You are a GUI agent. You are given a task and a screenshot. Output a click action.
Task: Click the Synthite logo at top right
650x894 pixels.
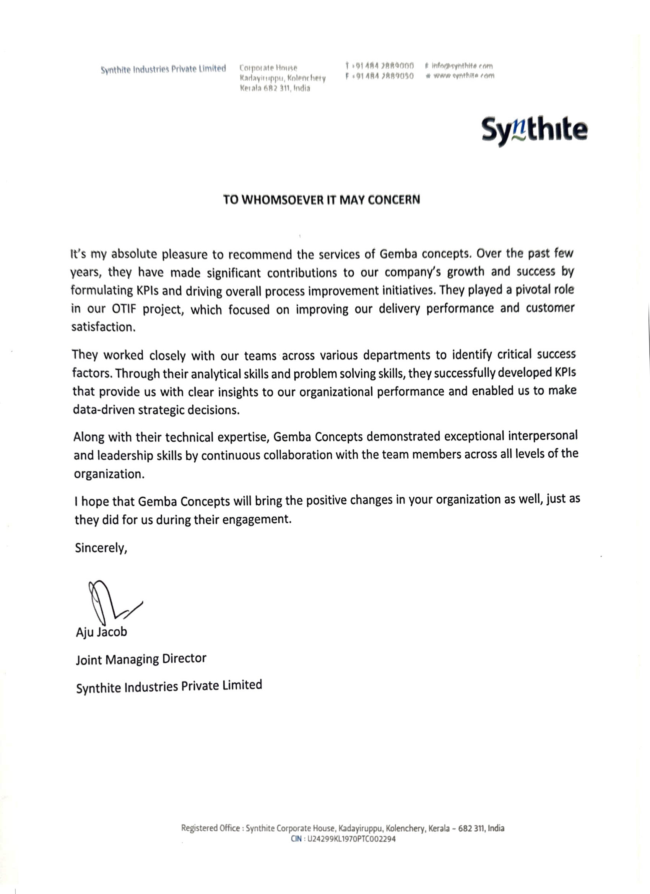pos(534,130)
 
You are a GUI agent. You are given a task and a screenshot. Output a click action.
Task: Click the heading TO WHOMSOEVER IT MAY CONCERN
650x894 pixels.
pos(321,200)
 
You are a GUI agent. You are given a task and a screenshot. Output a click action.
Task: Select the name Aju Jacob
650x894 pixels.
pos(101,632)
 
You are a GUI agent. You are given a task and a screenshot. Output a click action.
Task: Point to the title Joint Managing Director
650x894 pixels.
pos(141,659)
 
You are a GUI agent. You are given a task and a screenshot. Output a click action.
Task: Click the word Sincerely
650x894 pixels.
pos(101,548)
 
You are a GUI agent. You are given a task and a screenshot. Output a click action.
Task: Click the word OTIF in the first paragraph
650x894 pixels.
pos(124,309)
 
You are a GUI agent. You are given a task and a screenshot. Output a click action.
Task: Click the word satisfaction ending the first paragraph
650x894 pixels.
pos(103,327)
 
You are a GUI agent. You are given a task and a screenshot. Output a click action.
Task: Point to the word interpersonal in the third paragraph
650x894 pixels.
pos(543,436)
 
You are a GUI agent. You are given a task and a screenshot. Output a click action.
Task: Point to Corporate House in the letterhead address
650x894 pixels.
pos(268,68)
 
